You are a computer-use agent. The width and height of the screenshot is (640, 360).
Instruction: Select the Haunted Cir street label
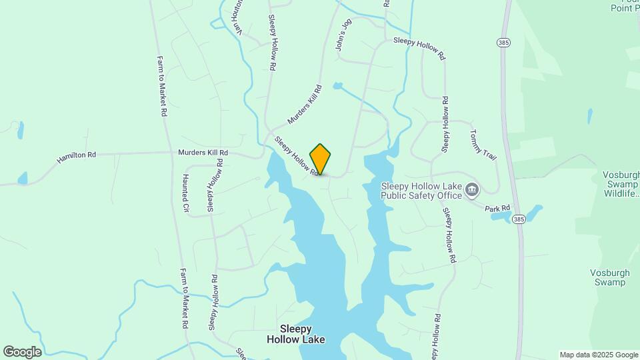[x=186, y=194]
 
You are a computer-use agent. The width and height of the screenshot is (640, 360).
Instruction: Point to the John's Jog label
[x=343, y=39]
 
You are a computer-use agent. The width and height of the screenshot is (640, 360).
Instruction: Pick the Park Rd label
[x=497, y=209]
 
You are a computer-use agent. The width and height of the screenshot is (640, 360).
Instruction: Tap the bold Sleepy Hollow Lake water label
[x=296, y=334]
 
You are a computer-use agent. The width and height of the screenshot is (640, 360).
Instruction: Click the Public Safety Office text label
[x=421, y=191]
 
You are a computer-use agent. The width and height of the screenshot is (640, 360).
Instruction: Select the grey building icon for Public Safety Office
[x=472, y=191]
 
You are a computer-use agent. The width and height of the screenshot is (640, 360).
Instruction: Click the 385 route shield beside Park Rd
[x=519, y=219]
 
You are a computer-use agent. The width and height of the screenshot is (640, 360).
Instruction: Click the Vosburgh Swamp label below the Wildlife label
[x=607, y=277]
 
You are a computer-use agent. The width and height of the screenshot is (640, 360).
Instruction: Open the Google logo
[x=22, y=352]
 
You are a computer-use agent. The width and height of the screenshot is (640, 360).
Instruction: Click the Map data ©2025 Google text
[x=598, y=355]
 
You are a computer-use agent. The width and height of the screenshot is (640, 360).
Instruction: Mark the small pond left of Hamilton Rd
[x=23, y=178]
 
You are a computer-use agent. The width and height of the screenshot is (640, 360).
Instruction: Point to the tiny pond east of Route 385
[x=590, y=115]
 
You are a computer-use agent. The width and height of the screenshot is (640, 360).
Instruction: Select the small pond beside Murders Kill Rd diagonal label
[x=338, y=86]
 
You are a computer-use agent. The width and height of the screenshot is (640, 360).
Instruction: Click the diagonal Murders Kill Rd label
[x=305, y=105]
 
